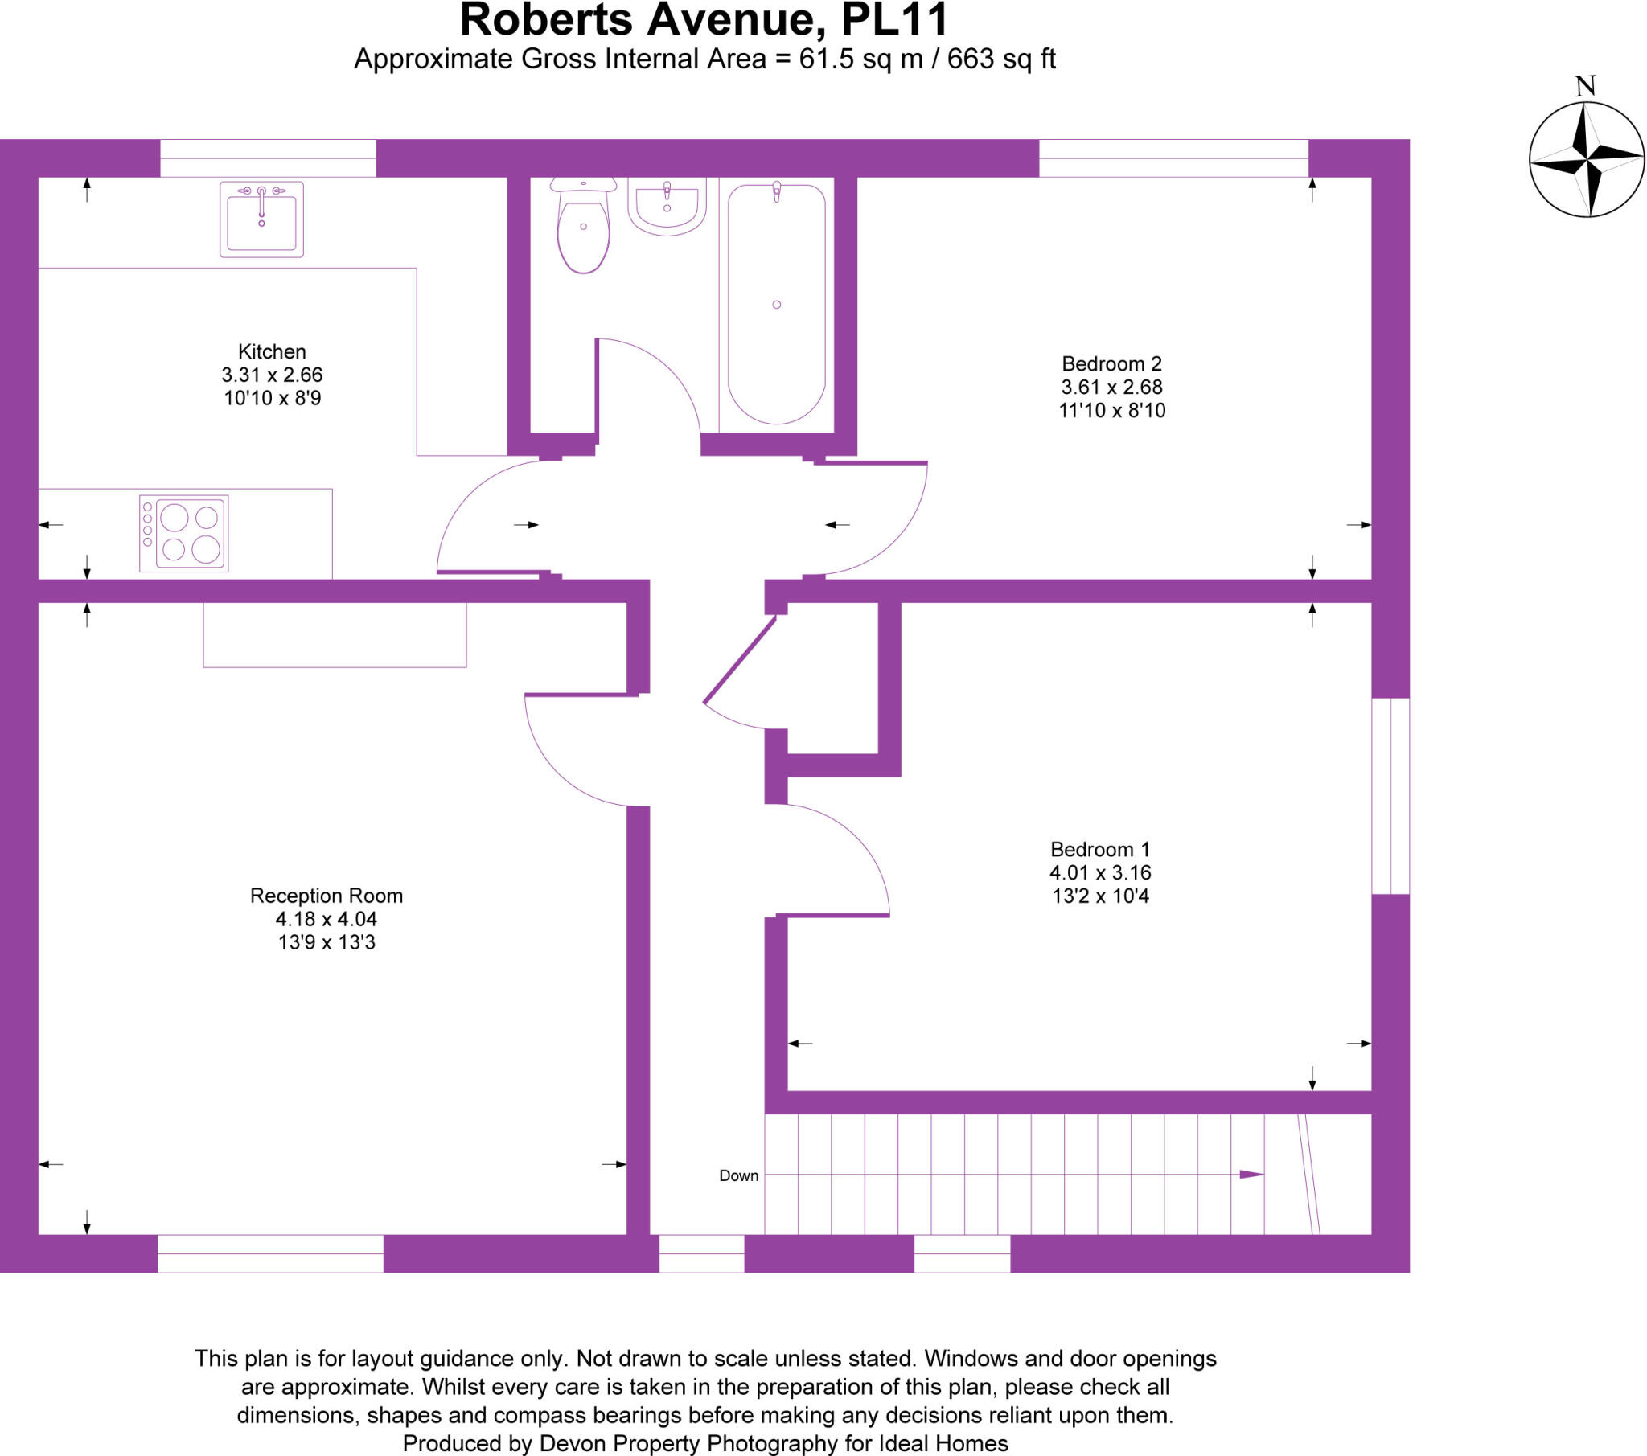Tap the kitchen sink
262,219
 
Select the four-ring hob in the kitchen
184,532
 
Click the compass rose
1586,159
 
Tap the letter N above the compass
1585,86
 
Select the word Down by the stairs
738,1175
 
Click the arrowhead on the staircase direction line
1251,1174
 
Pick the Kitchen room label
272,351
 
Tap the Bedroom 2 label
1111,363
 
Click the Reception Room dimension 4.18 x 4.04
327,919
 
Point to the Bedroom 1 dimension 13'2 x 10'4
1100,895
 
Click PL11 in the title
894,20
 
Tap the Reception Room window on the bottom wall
270,1253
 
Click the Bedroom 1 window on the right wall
1390,795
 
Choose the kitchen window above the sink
268,158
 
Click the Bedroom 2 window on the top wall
1173,158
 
